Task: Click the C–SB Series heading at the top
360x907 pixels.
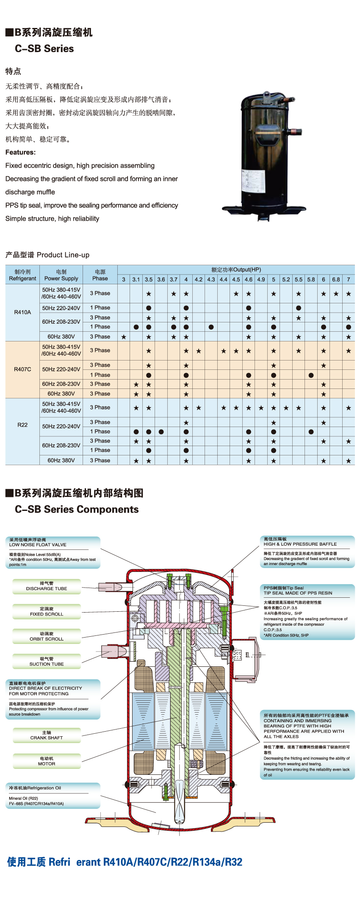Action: [44, 49]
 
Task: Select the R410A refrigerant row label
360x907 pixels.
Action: [22, 312]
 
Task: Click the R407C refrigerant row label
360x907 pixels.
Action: [22, 369]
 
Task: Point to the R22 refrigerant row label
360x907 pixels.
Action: [22, 425]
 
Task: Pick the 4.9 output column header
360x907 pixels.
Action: [261, 280]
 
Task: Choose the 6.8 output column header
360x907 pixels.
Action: [336, 280]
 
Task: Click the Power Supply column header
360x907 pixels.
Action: [61, 275]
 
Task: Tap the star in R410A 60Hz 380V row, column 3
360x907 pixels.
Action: [124, 337]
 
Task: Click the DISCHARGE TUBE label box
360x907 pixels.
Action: [47, 586]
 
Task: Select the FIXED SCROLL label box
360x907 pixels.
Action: [47, 612]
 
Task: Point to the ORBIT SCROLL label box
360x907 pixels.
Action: [47, 637]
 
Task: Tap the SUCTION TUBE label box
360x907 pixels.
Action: [47, 662]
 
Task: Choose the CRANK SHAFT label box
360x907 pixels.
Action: [47, 735]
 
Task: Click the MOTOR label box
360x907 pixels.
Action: [47, 761]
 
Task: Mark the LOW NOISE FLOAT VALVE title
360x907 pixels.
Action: [38, 545]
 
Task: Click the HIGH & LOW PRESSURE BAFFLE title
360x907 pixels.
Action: [300, 544]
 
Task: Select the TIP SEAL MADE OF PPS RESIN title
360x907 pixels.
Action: [298, 593]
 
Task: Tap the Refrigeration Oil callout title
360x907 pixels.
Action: [35, 788]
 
